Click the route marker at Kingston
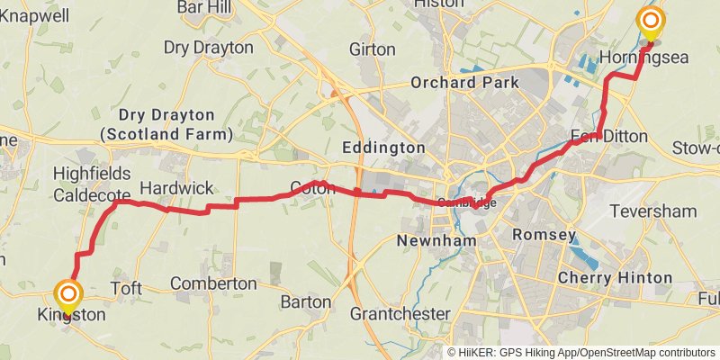click(x=67, y=295)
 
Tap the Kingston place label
click(x=71, y=316)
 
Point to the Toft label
click(x=126, y=288)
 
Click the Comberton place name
click(x=213, y=283)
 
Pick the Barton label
click(x=305, y=301)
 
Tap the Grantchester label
click(x=400, y=313)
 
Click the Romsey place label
click(x=543, y=235)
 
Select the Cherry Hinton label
click(x=615, y=277)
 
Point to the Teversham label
click(x=666, y=211)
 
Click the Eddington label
click(x=384, y=147)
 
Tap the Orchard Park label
click(x=464, y=83)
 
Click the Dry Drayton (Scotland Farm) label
click(x=166, y=124)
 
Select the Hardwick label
click(x=176, y=188)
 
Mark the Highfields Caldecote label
click(x=92, y=183)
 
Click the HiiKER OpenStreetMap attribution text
click(x=582, y=353)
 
